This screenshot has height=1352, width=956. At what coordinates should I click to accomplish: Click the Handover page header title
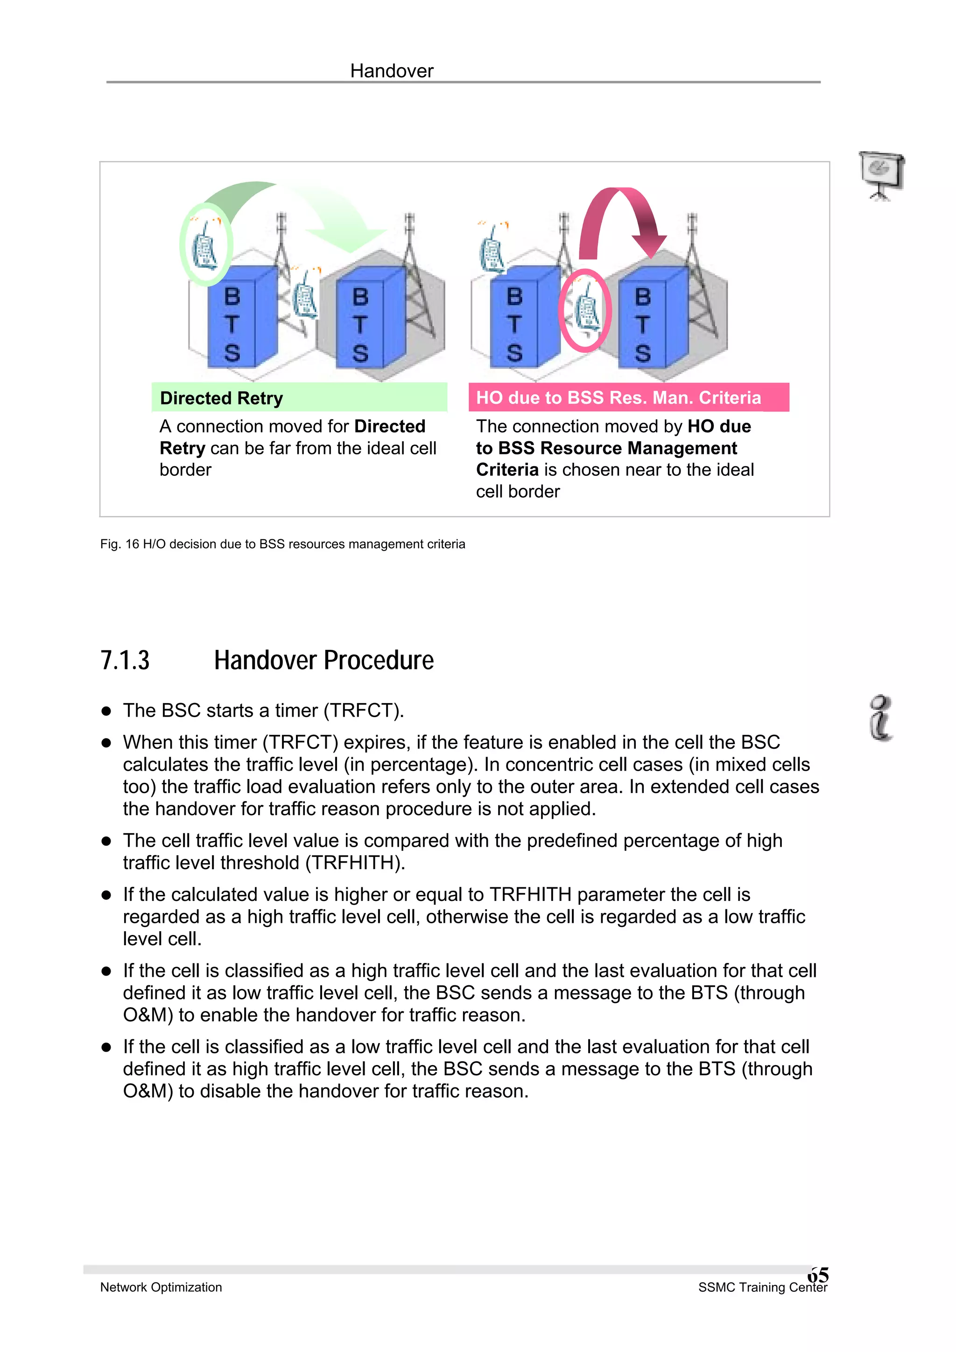[x=391, y=71]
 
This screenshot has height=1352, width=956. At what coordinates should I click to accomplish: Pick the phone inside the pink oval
[x=585, y=310]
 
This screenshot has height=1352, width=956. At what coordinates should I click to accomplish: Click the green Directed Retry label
[x=221, y=398]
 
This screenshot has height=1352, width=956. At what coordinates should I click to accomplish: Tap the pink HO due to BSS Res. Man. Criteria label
[x=619, y=397]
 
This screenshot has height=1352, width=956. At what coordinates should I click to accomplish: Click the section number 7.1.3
[x=125, y=660]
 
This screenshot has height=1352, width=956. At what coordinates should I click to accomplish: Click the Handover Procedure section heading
[x=323, y=660]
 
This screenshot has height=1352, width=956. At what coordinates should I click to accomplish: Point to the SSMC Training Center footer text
[x=762, y=1287]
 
